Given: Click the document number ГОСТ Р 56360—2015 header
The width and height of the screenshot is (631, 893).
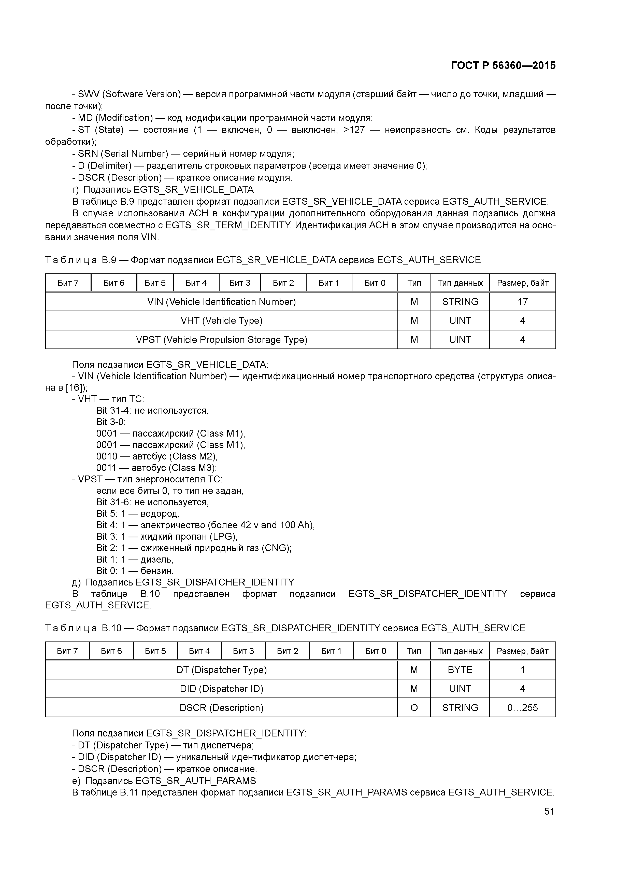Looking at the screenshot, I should click(x=503, y=65).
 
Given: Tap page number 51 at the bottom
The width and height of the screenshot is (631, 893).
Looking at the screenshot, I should click(x=549, y=811).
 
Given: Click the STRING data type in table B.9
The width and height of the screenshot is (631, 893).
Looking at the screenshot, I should click(x=460, y=302).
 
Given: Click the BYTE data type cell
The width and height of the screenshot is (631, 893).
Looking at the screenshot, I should click(x=460, y=670).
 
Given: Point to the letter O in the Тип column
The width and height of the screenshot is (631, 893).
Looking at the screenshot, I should click(x=414, y=707).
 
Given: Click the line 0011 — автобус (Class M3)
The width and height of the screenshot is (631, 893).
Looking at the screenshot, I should click(x=156, y=468).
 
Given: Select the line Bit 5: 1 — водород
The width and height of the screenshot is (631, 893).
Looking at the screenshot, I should click(x=138, y=513).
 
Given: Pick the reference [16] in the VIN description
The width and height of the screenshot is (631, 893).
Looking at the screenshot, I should click(x=73, y=388).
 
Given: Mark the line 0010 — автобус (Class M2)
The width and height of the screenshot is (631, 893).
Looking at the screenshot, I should click(x=157, y=456).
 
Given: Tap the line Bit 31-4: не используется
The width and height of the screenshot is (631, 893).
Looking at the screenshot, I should click(x=152, y=410).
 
